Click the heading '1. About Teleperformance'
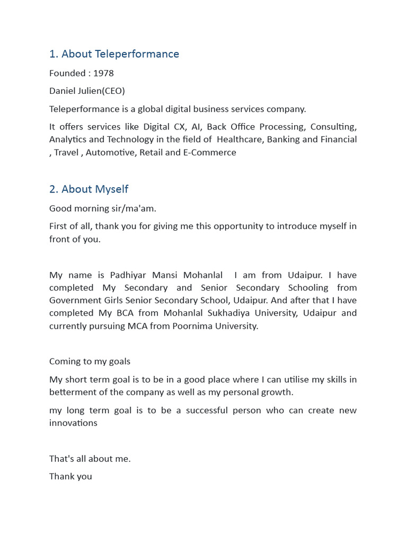coord(114,54)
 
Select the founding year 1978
coord(103,73)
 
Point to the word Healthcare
coord(241,139)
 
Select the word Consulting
coord(333,127)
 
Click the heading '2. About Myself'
coord(89,189)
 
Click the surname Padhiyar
coord(129,275)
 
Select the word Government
coord(75,301)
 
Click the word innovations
coord(73,423)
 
